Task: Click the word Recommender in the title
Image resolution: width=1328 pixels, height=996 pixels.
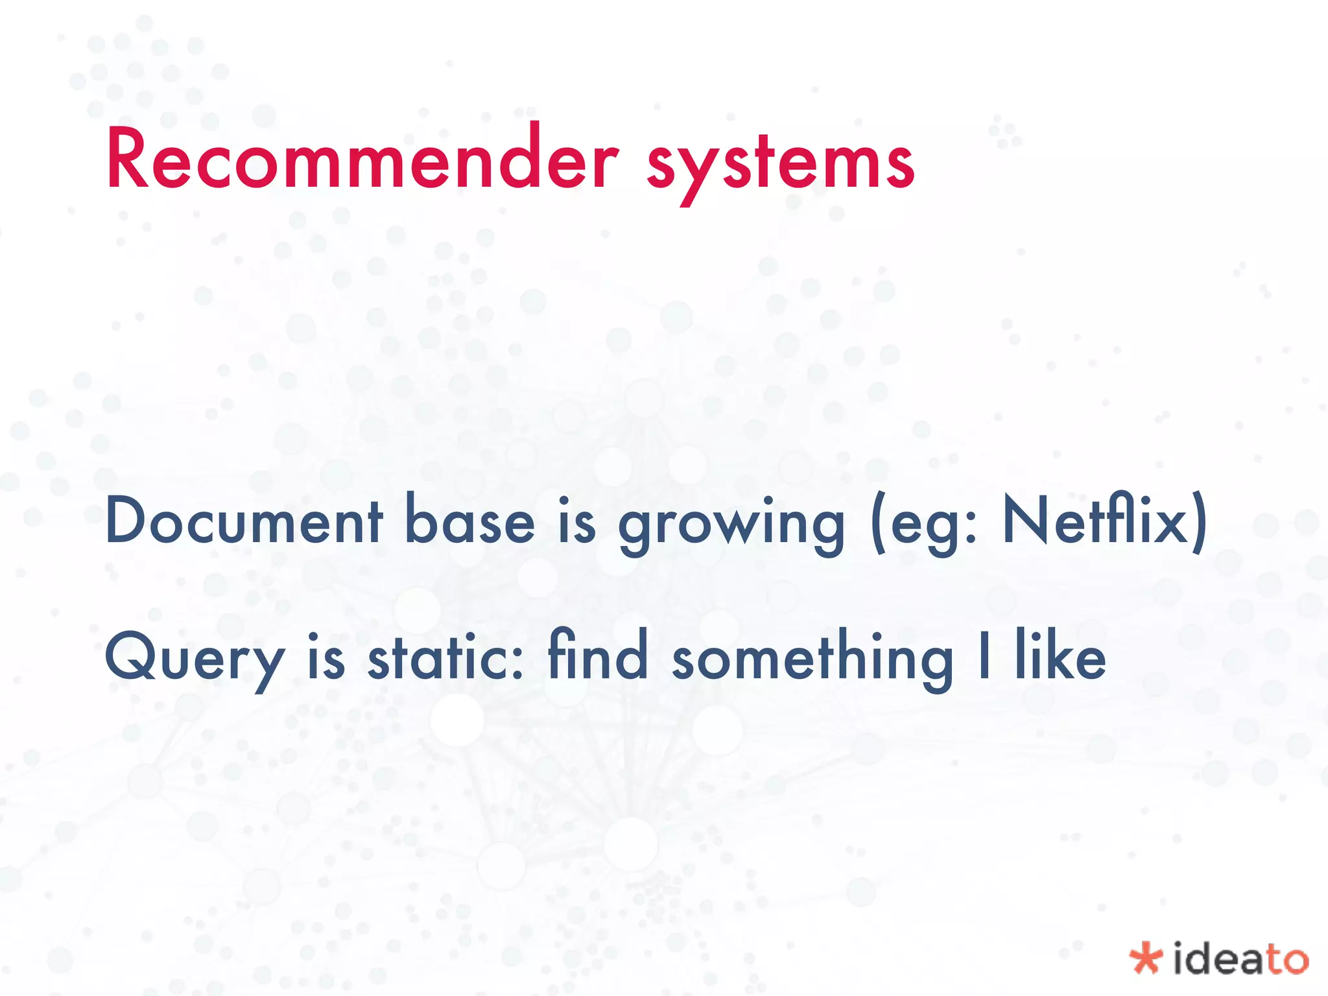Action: (362, 159)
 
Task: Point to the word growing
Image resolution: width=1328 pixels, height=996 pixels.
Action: (731, 525)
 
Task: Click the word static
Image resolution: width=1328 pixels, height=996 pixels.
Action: (445, 658)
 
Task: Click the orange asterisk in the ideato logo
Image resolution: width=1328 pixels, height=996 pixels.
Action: (1145, 959)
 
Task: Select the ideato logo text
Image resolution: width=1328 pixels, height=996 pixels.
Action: (1240, 959)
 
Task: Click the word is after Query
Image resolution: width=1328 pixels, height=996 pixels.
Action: (326, 658)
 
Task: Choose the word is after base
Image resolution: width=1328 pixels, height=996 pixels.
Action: (576, 522)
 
